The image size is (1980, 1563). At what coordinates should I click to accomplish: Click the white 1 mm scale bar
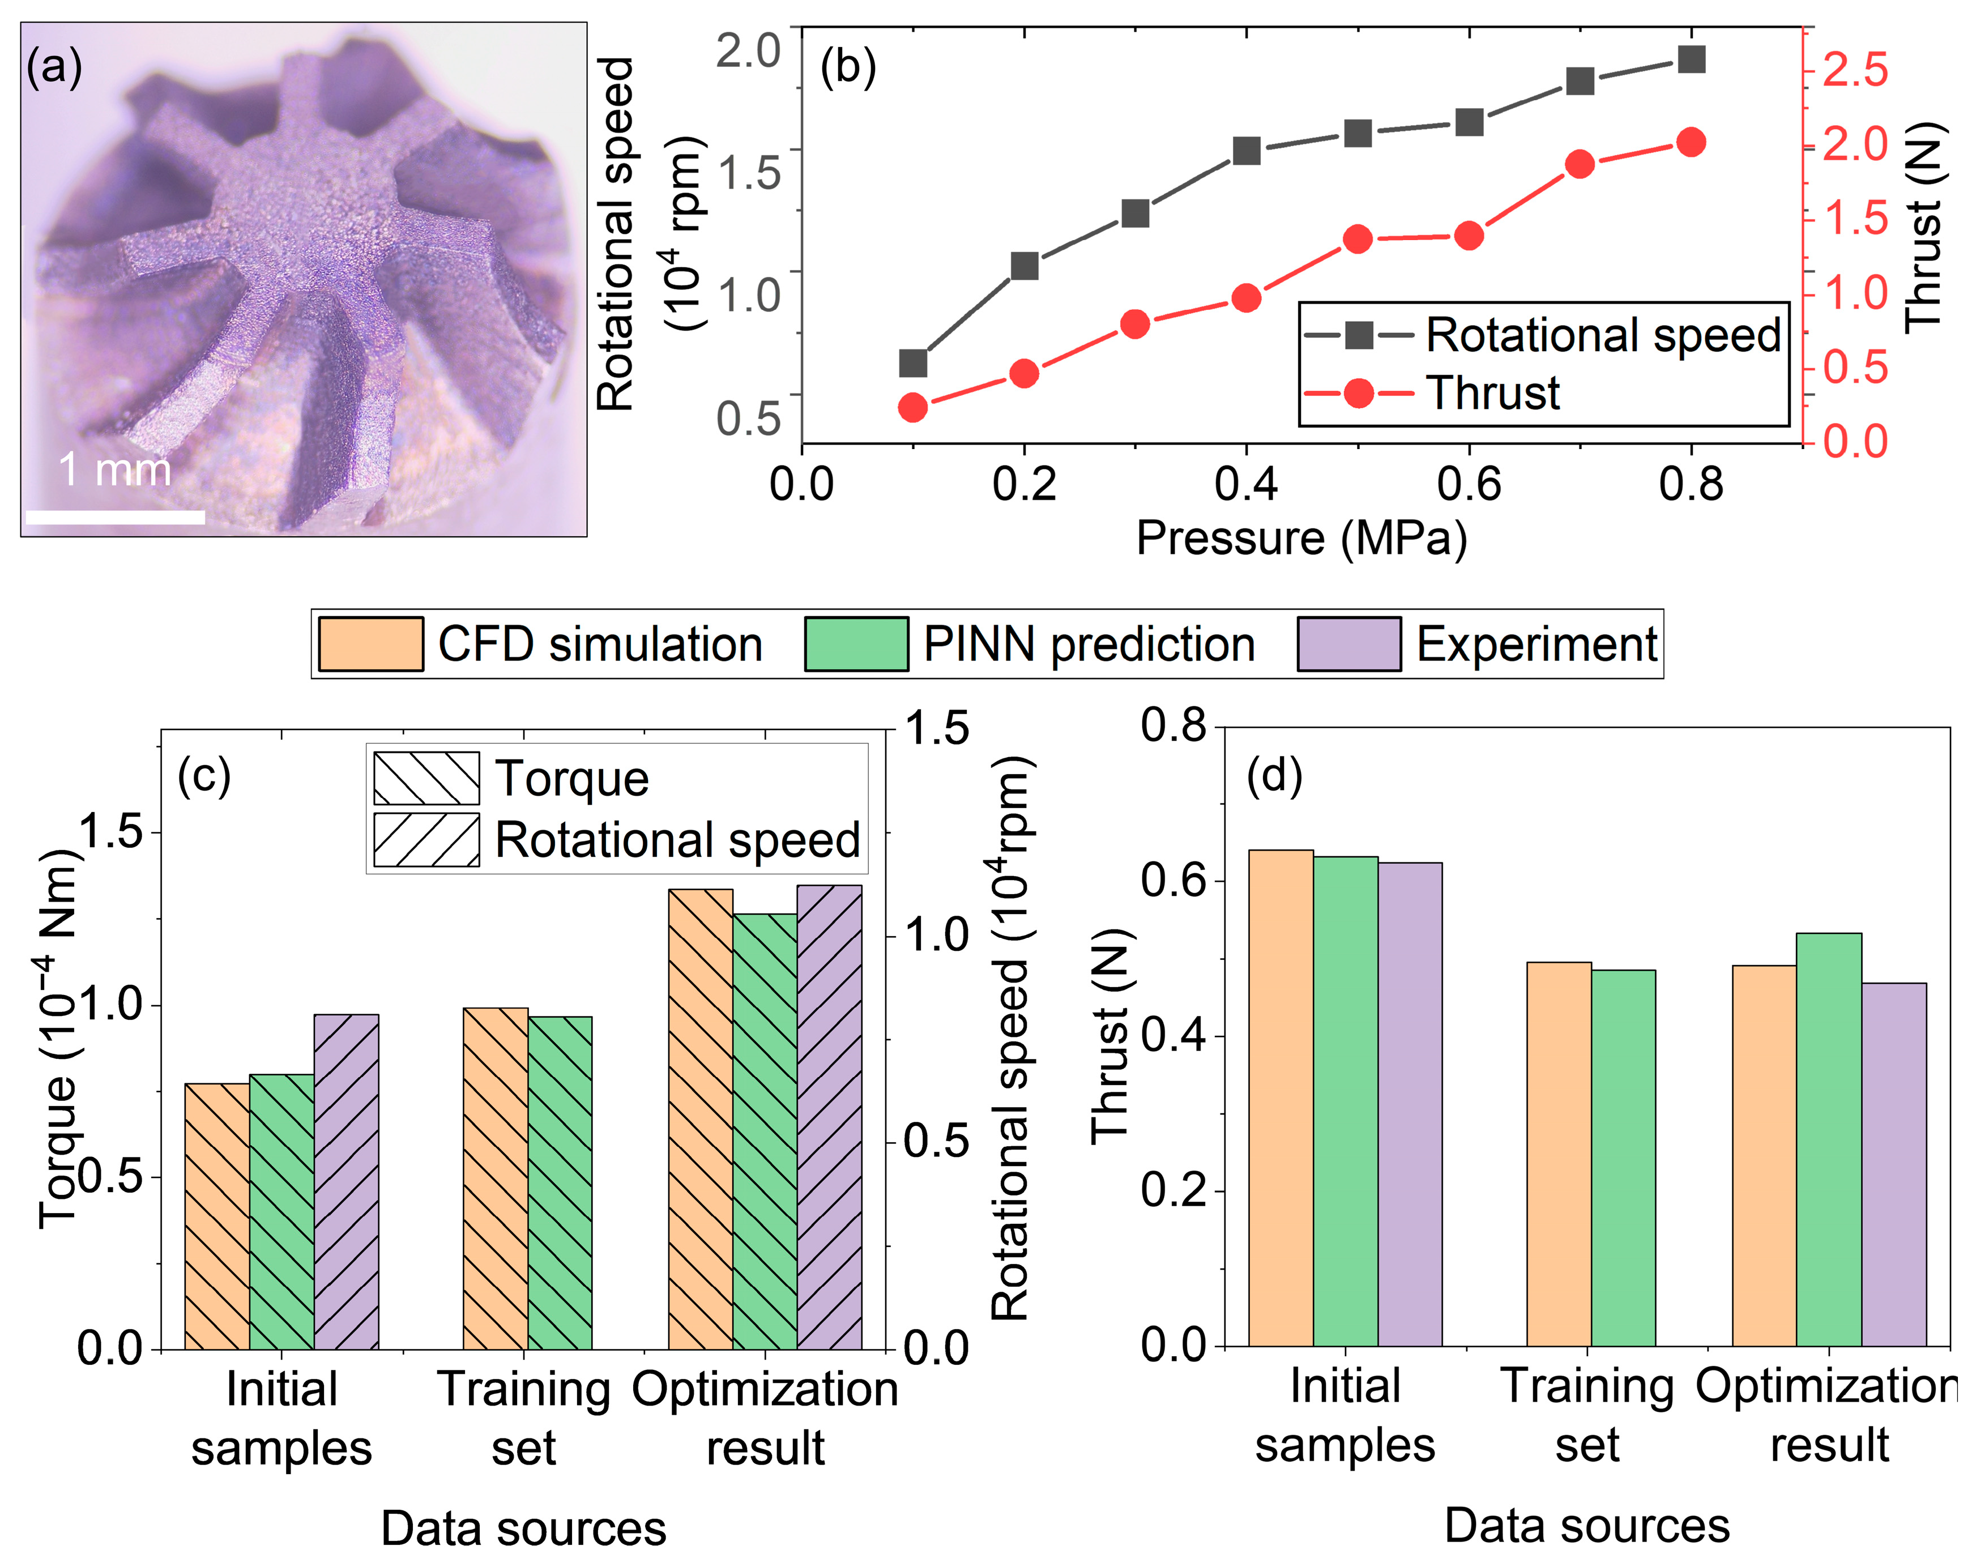pyautogui.click(x=116, y=517)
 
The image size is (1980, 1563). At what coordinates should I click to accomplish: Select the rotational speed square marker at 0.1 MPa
pyautogui.click(x=912, y=364)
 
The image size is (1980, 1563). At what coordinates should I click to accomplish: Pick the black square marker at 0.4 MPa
pyautogui.click(x=1246, y=151)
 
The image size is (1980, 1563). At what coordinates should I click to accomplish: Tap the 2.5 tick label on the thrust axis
pyautogui.click(x=1855, y=70)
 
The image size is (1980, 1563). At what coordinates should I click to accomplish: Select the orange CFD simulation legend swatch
pyautogui.click(x=370, y=644)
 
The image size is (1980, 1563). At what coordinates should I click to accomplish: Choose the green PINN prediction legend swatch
pyautogui.click(x=856, y=644)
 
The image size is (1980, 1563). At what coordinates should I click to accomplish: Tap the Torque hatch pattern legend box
pyautogui.click(x=426, y=779)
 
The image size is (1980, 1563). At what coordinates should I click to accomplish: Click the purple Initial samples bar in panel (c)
pyautogui.click(x=346, y=1181)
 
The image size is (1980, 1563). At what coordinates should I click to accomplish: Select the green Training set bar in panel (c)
pyautogui.click(x=560, y=1183)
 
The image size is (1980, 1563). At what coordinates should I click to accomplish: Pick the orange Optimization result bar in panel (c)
pyautogui.click(x=701, y=1119)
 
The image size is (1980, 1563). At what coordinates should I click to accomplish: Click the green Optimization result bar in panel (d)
pyautogui.click(x=1828, y=1139)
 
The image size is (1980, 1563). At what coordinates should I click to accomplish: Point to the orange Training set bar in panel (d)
pyautogui.click(x=1559, y=1154)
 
